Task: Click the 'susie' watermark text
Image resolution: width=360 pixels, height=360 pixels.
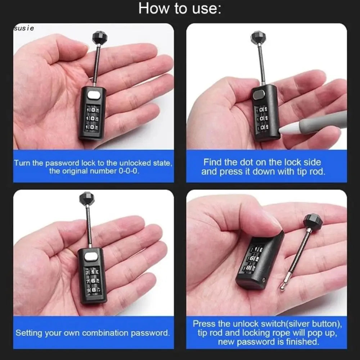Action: coord(24,28)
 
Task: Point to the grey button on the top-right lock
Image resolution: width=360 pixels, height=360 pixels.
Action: coord(258,95)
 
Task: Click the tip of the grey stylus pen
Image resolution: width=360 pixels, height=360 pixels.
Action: coord(284,132)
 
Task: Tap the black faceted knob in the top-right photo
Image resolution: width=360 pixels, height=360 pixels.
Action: coord(258,37)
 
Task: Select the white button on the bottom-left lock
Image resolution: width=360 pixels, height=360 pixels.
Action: coord(91,257)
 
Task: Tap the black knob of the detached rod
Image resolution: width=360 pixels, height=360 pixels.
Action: coord(312,221)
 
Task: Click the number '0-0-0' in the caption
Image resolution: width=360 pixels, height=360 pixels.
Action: coord(129,171)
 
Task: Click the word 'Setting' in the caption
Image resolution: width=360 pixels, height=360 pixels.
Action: coord(28,333)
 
